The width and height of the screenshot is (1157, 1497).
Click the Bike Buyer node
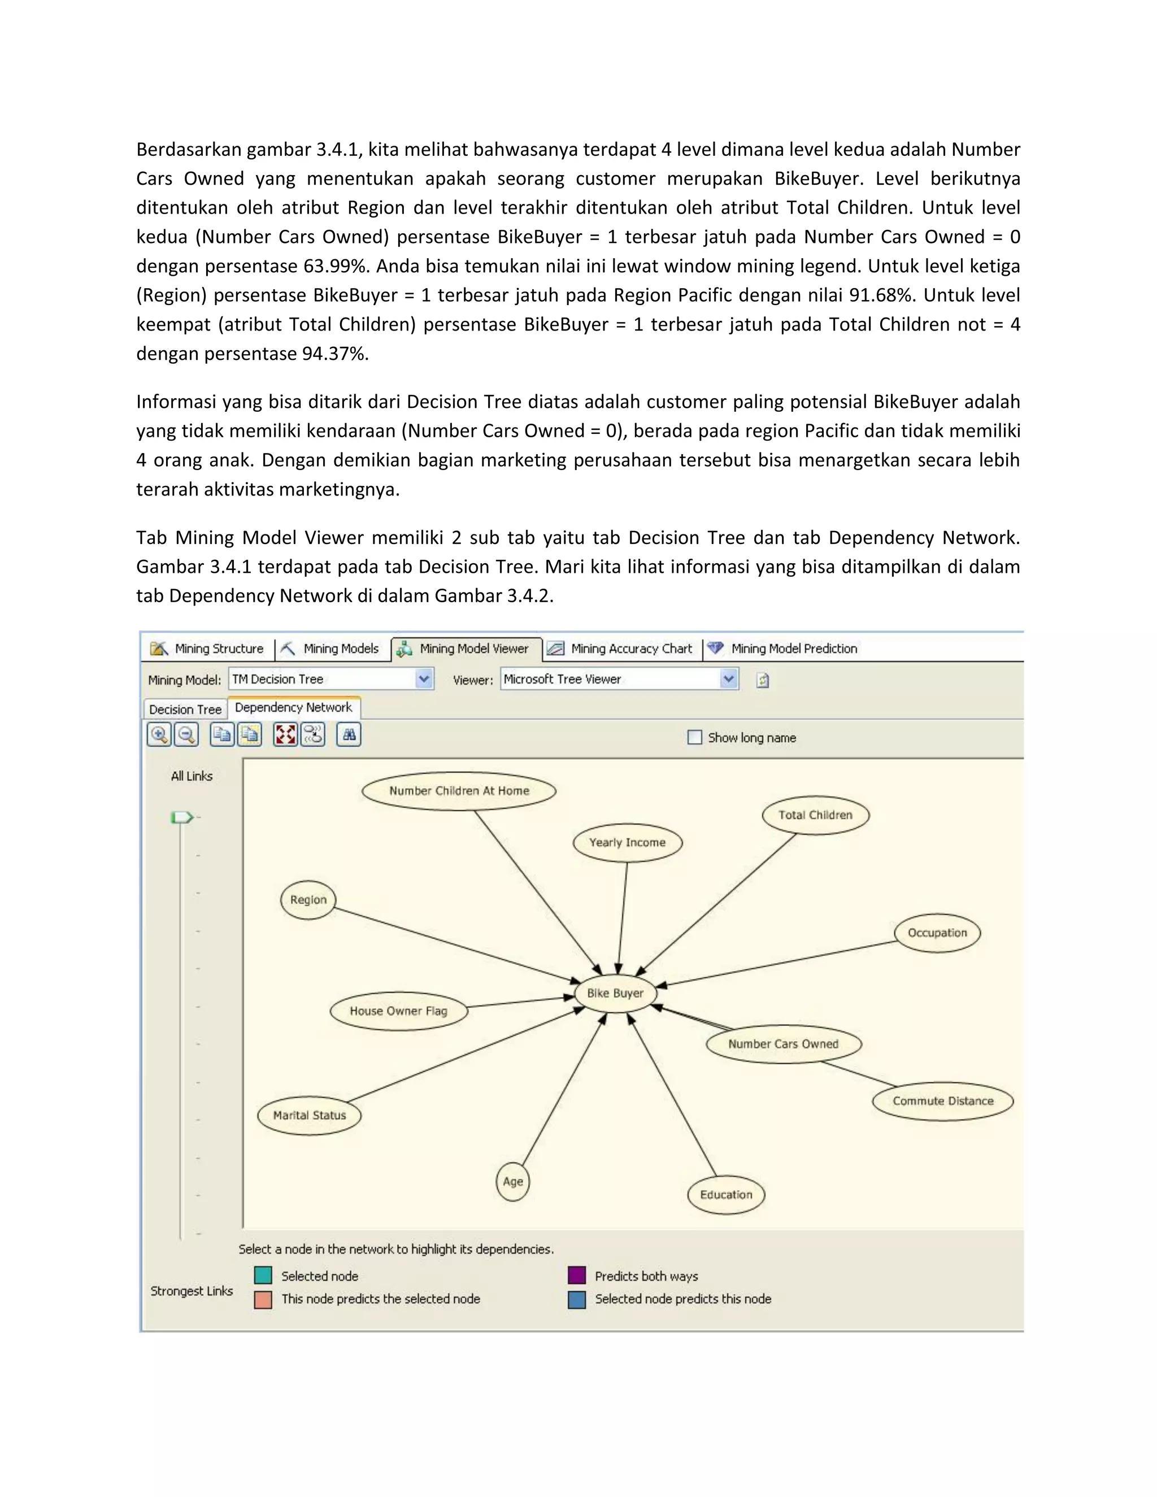pos(615,993)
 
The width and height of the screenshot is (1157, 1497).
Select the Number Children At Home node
pos(459,790)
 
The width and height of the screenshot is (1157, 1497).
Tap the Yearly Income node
pos(627,842)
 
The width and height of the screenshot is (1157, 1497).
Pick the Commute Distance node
pos(942,1101)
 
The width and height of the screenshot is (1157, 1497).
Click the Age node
pos(513,1181)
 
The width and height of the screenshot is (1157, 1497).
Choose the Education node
pos(726,1194)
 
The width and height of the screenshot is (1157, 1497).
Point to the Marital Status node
pos(309,1115)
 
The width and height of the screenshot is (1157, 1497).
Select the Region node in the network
pos(308,899)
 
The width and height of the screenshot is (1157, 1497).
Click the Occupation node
pos(937,932)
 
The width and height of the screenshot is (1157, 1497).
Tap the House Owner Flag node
pos(398,1011)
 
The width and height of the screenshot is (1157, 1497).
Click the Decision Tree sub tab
pos(185,710)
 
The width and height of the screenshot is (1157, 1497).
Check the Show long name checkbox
pos(694,738)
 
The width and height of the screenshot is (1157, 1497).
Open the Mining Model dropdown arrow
pos(424,679)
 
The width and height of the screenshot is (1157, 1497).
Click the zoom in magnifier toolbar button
pos(159,735)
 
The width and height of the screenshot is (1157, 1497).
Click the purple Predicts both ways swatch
pos(576,1276)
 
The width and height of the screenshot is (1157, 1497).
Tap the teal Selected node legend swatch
pos(263,1276)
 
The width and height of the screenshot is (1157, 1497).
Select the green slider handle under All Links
pos(181,817)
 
